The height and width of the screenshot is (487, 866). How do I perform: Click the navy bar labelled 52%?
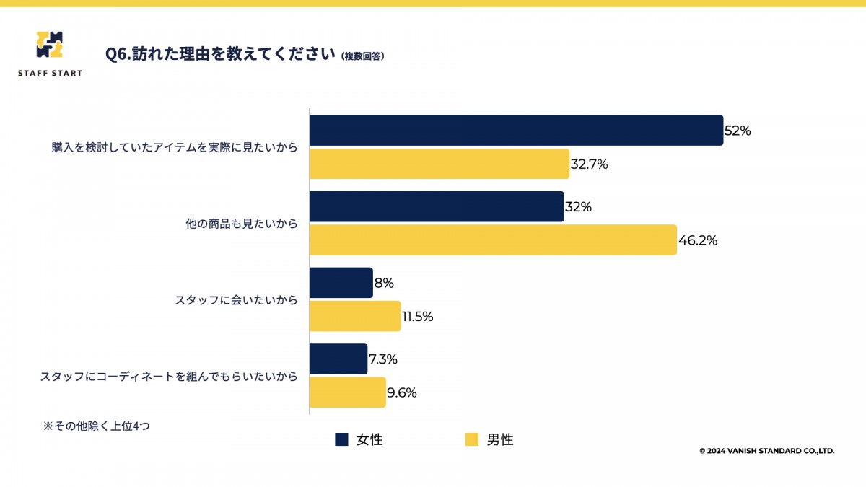[516, 131]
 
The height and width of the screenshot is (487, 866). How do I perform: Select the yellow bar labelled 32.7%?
[439, 164]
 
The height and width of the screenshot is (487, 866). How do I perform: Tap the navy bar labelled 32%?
[437, 206]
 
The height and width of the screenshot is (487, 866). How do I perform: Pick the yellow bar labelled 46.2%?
[493, 240]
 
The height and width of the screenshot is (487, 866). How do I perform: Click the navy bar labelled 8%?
[341, 283]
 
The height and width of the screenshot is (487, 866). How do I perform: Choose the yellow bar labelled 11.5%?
[355, 316]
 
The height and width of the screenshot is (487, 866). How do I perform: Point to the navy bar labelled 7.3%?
[338, 359]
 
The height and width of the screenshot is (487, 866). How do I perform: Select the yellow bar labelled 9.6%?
[348, 392]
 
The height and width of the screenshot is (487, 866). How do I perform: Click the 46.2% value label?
[698, 240]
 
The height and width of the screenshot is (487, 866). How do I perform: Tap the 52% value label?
[738, 131]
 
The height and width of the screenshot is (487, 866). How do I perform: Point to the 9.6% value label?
[402, 392]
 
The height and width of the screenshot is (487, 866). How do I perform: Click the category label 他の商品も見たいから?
[241, 224]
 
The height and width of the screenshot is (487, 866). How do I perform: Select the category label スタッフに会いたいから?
[236, 300]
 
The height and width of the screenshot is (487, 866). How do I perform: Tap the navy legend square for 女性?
[341, 439]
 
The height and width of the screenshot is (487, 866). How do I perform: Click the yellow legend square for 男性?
[472, 439]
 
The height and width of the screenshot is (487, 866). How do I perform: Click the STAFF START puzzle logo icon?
[49, 45]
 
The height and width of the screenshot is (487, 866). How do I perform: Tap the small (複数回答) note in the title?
[362, 56]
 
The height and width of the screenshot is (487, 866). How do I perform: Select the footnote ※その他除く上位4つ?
[96, 426]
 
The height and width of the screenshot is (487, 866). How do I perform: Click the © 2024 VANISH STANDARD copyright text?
[766, 451]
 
